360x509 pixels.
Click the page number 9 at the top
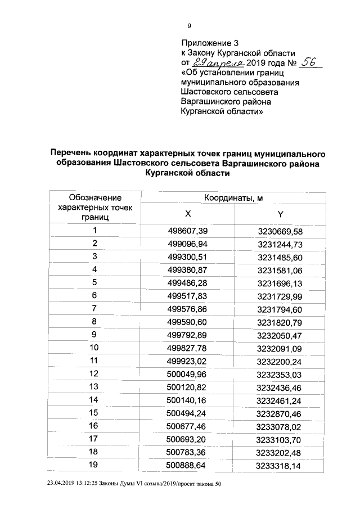190,25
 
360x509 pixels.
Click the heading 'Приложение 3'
206,43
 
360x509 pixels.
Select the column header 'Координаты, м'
233,198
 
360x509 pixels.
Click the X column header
188,214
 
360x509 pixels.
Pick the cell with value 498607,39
188,231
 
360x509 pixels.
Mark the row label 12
94,373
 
